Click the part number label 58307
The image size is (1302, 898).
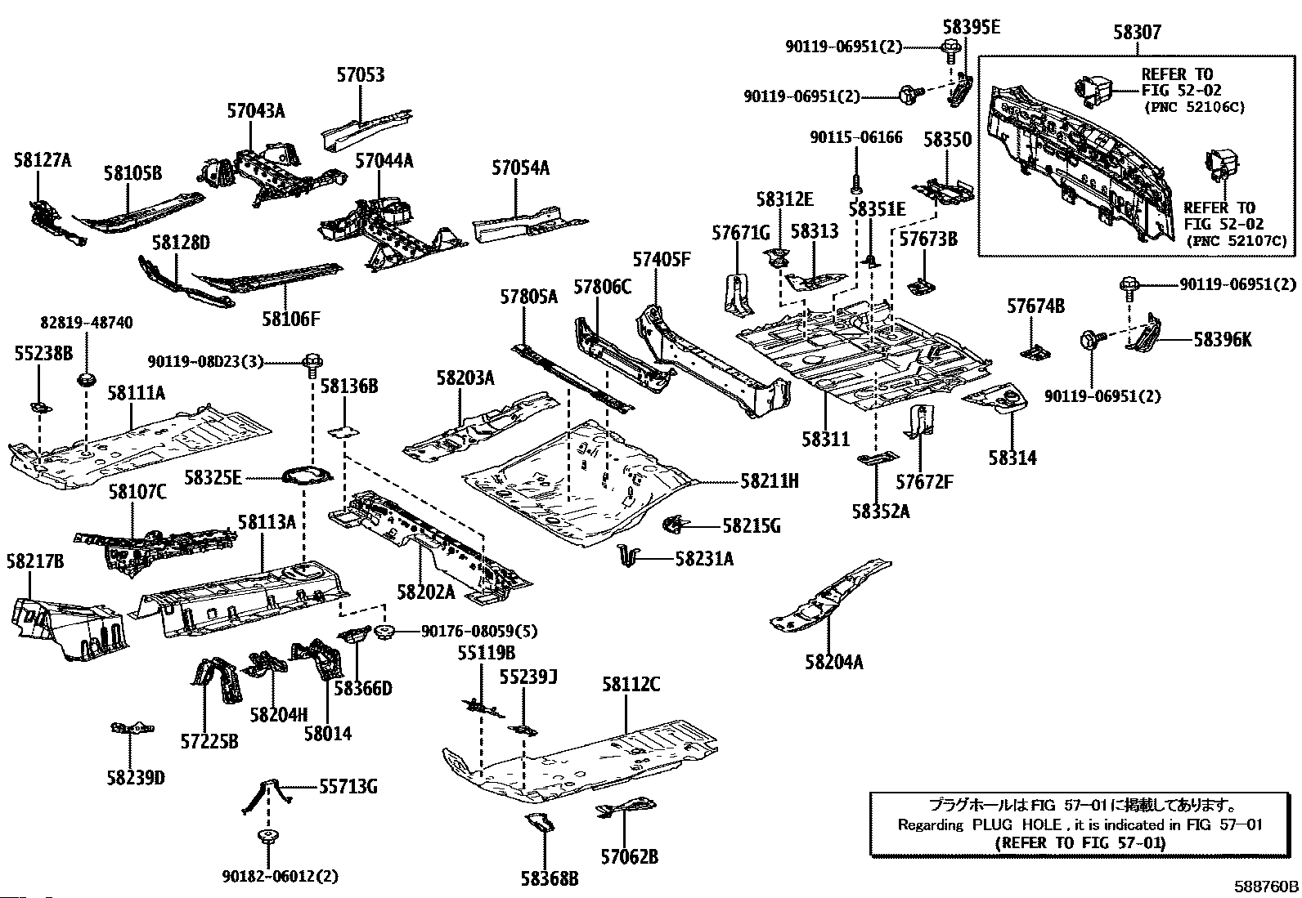[1136, 34]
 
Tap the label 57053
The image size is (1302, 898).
[360, 75]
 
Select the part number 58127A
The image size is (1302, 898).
[42, 160]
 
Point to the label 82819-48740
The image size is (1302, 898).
[86, 324]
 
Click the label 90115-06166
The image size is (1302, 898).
[856, 138]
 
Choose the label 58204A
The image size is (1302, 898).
[833, 662]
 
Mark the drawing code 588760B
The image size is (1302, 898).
[1266, 887]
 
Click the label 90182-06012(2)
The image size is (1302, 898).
[279, 877]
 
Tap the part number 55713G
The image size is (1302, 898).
[348, 787]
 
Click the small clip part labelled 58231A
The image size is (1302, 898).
[627, 555]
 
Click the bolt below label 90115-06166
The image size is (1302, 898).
[855, 184]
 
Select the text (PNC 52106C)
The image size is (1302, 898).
[1193, 107]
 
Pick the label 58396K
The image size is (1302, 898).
[1222, 340]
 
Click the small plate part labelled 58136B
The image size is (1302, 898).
[343, 431]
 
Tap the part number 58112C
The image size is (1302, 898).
[631, 685]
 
